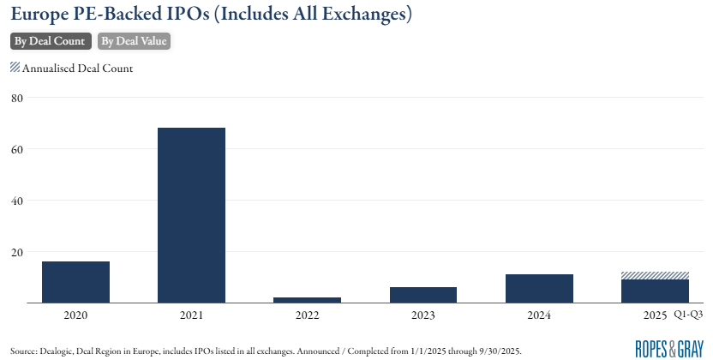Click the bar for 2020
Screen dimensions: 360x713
coord(75,282)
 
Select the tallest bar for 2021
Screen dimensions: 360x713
coord(191,215)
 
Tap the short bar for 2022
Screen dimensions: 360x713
coord(307,300)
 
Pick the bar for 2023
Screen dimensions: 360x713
coord(422,295)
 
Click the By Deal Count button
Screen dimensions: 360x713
coord(50,41)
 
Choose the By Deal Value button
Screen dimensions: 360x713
coord(134,41)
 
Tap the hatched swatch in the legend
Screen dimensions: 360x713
coord(15,68)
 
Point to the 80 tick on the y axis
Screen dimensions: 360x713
coord(16,98)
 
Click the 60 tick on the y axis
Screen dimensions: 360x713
coord(16,149)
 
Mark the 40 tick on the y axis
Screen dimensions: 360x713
coord(16,201)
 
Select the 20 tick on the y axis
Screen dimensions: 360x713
coord(16,252)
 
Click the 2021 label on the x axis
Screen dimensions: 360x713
coord(191,316)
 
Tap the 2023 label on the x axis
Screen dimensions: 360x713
coord(422,316)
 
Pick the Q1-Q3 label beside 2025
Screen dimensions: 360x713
coord(688,316)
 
